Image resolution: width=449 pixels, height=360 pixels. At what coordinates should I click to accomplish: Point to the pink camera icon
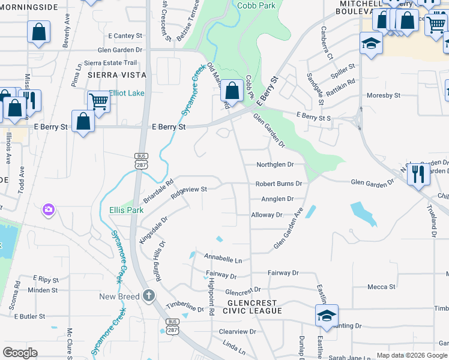pyautogui.click(x=48, y=210)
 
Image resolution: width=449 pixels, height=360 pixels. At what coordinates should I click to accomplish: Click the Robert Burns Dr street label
pyautogui.click(x=278, y=184)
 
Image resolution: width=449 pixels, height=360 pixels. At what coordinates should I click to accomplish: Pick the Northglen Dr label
pyautogui.click(x=275, y=164)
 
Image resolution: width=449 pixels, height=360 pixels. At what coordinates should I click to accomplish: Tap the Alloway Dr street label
pyautogui.click(x=267, y=215)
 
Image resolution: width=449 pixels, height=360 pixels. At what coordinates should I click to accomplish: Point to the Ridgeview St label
pyautogui.click(x=188, y=191)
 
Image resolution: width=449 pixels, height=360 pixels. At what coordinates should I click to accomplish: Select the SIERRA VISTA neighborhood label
pyautogui.click(x=116, y=75)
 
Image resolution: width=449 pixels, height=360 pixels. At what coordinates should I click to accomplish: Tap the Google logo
pyautogui.click(x=20, y=353)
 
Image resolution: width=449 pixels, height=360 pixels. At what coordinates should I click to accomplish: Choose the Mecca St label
pyautogui.click(x=381, y=287)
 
